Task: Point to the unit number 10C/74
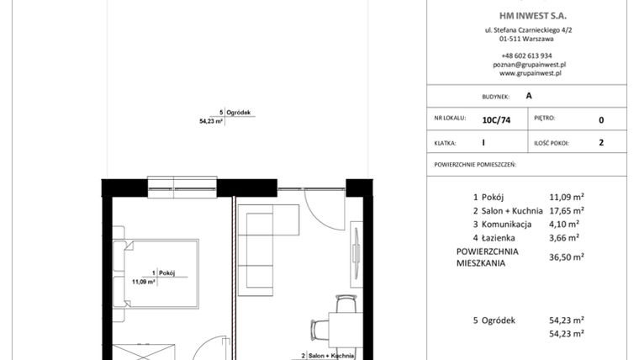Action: [x=496, y=119]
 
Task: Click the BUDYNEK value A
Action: [x=528, y=96]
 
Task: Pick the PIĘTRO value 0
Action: [x=601, y=119]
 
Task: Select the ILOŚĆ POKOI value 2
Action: [x=601, y=143]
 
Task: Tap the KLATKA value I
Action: [x=483, y=143]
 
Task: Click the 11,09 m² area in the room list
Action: [x=567, y=198]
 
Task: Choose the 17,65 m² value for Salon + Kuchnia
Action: [x=567, y=211]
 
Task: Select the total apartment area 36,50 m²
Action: [x=567, y=258]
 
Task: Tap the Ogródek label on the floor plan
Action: [x=239, y=113]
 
